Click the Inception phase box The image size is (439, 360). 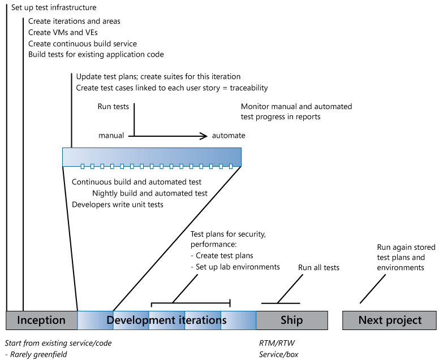click(41, 320)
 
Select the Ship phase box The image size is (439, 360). click(292, 320)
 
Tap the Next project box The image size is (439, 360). click(390, 320)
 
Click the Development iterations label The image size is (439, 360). click(166, 320)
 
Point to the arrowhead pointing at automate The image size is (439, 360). click(204, 136)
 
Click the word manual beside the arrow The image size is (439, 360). click(111, 136)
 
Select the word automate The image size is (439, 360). click(229, 136)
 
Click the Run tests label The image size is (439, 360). click(113, 106)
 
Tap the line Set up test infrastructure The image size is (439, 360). click(54, 8)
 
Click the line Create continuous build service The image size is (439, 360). click(83, 44)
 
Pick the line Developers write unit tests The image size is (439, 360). click(118, 205)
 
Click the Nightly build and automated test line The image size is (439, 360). click(150, 193)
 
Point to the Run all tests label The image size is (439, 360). click(319, 267)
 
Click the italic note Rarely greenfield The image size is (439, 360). click(37, 354)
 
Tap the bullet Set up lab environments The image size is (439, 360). click(235, 267)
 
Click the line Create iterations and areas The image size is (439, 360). click(74, 21)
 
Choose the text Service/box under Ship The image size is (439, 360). click(278, 354)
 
